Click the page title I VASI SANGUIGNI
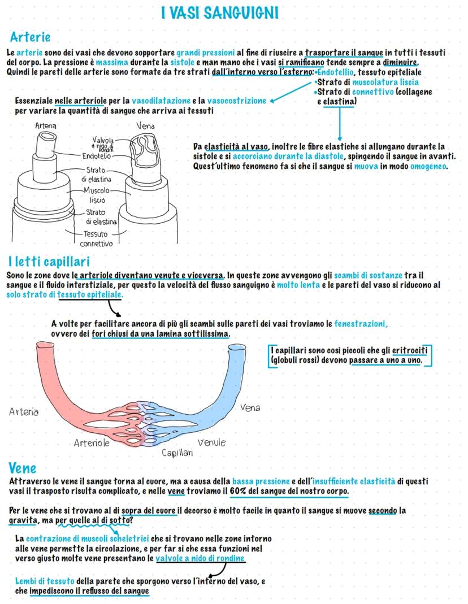pos(219,13)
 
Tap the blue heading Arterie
pos(31,37)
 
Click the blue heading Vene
pos(23,468)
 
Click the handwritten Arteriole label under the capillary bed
pos(92,443)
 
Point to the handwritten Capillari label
pos(177,453)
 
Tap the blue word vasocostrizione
pos(236,101)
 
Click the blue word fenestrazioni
pos(361,324)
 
